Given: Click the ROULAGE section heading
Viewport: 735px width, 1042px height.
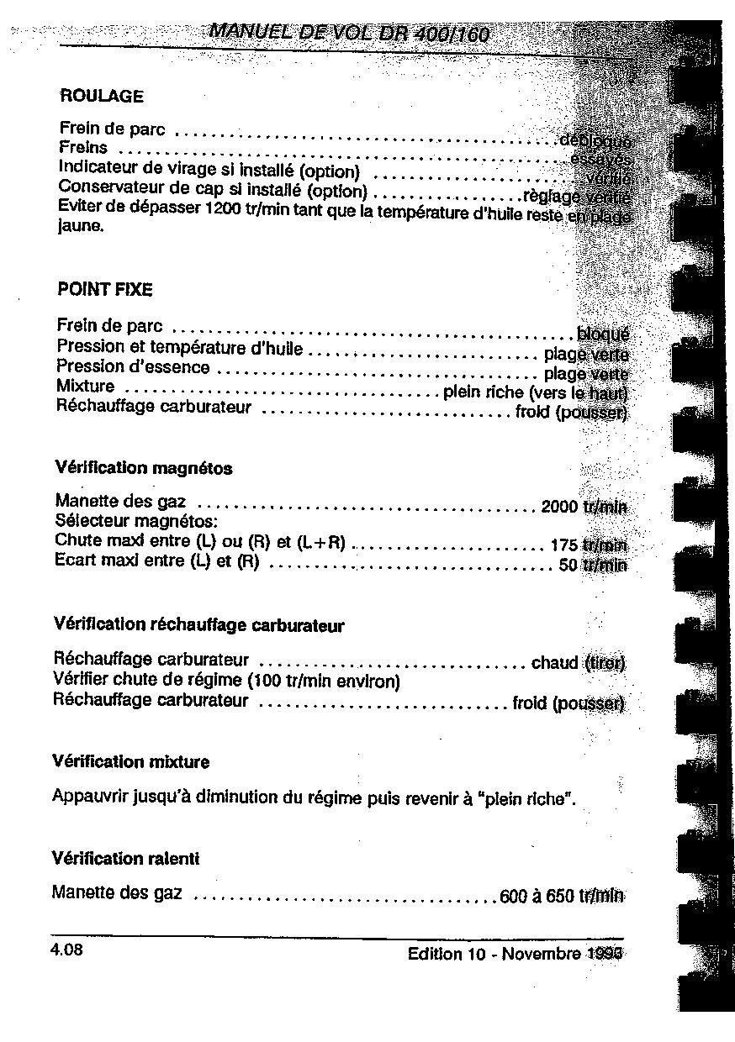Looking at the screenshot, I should click(102, 96).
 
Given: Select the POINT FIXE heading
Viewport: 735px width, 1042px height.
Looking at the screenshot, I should click(104, 290).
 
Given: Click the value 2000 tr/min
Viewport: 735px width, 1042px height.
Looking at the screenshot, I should click(584, 507).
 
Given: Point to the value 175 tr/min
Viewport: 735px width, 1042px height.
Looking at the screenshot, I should click(588, 544).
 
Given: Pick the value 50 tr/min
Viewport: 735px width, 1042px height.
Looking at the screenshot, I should click(592, 565).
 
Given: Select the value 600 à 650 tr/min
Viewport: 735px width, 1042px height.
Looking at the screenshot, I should click(561, 896).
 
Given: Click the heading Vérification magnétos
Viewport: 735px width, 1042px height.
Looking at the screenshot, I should click(143, 468).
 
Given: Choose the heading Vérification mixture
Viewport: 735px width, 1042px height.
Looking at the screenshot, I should click(130, 762).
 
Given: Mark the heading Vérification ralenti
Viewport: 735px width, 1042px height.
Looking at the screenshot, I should click(125, 859).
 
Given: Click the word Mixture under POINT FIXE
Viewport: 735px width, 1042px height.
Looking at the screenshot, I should click(85, 387).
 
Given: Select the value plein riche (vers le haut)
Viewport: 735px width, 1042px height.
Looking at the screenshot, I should click(535, 392).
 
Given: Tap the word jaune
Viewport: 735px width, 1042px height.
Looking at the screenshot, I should click(80, 226).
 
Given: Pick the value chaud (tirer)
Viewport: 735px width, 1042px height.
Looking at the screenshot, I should click(578, 663).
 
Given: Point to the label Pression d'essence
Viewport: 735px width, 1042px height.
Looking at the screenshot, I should click(133, 367).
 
